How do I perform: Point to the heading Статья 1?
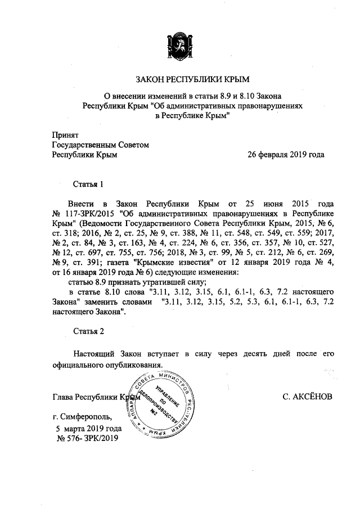pyautogui.click(x=89, y=184)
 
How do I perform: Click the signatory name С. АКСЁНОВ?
pyautogui.click(x=308, y=397)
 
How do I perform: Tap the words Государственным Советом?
pyautogui.click(x=101, y=145)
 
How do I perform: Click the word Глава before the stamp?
pyautogui.click(x=62, y=397)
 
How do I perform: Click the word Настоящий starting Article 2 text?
pyautogui.click(x=93, y=354)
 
